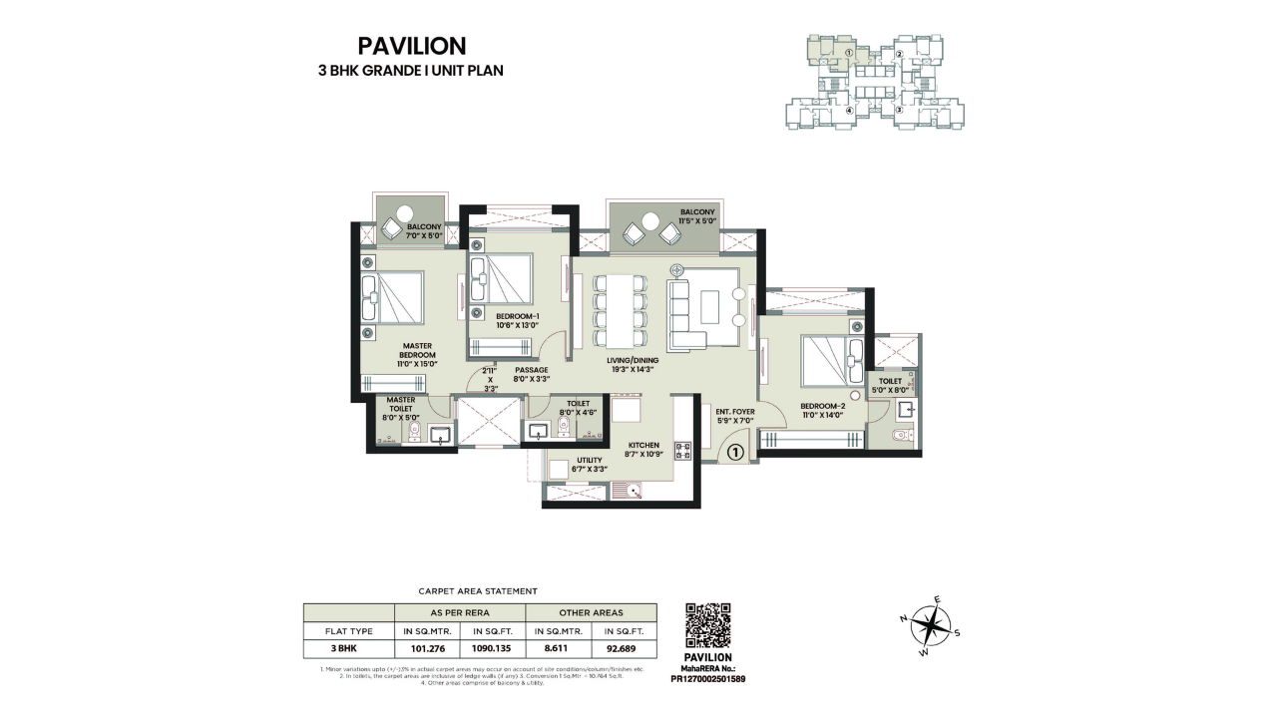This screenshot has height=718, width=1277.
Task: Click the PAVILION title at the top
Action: tap(411, 46)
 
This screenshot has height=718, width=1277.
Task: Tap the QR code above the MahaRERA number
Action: tap(708, 626)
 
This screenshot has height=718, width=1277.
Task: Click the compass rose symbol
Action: tap(930, 627)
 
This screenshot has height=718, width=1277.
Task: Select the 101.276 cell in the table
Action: tap(427, 648)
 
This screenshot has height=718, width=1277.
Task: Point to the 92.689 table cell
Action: tap(624, 648)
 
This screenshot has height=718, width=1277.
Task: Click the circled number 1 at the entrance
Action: tap(734, 452)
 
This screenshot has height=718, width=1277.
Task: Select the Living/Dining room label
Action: tap(634, 365)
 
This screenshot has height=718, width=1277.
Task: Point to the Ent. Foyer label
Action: tap(736, 414)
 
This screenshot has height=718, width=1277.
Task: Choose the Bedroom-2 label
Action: tap(822, 409)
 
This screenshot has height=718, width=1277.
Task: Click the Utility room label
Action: tap(589, 464)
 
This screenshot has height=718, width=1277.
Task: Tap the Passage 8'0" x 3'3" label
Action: tap(531, 374)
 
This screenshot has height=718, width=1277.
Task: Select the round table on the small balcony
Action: tap(405, 213)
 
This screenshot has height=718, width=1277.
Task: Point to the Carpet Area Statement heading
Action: tap(479, 591)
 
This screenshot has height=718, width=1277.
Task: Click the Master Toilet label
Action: tap(401, 408)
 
